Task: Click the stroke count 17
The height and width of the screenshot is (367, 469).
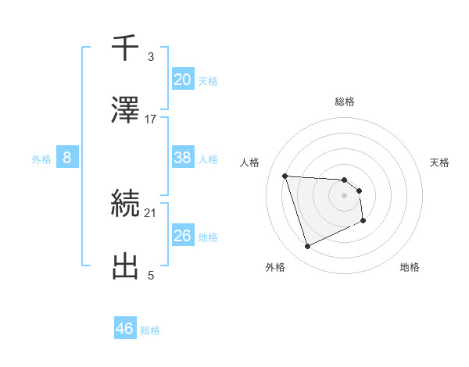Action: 151,119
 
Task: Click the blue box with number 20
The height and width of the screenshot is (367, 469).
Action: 183,79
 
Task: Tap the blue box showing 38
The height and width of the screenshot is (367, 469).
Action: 183,158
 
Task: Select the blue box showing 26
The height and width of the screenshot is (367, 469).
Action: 183,236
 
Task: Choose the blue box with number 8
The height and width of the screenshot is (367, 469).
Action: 67,158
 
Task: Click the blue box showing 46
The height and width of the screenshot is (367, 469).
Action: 125,329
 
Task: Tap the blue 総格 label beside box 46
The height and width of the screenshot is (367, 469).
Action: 150,330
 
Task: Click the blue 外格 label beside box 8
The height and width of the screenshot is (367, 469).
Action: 41,159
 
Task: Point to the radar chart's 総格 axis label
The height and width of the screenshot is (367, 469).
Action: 345,102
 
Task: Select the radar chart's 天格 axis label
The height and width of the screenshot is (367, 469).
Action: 440,162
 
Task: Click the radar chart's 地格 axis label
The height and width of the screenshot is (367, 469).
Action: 410,267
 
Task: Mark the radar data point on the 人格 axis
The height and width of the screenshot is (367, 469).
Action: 285,176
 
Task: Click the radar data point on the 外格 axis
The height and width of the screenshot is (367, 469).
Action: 307,247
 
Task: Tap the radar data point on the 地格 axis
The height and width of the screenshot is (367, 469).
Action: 363,222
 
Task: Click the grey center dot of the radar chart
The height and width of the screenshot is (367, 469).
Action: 344,195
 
